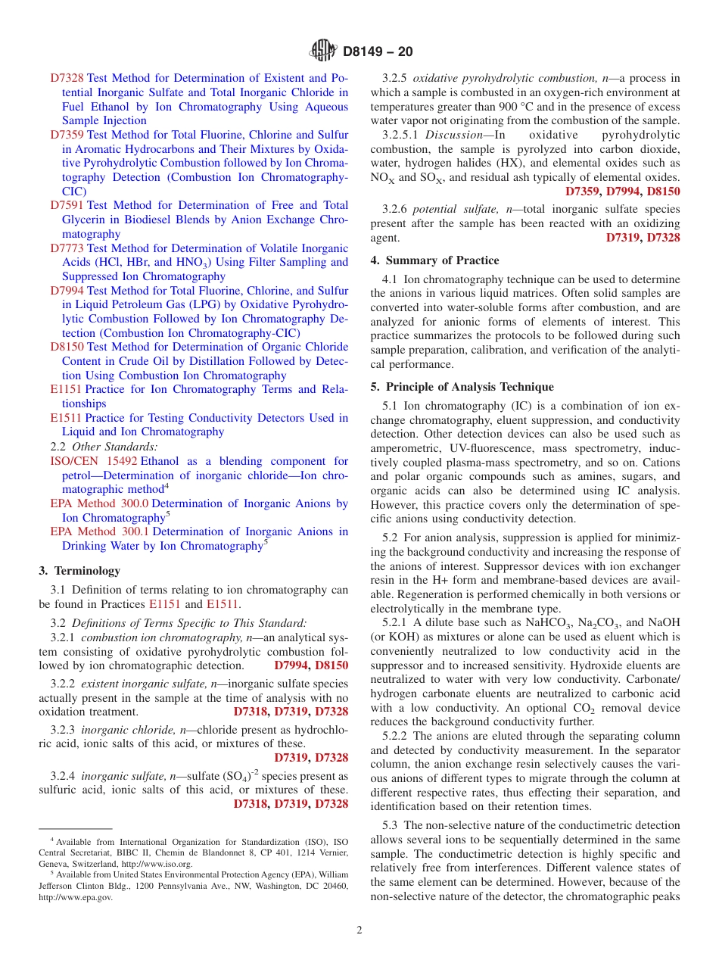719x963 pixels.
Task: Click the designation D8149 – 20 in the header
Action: click(x=378, y=52)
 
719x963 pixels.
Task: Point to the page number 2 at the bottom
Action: click(x=359, y=930)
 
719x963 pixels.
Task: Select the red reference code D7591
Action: click(x=67, y=205)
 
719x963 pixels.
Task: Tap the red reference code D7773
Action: click(x=67, y=248)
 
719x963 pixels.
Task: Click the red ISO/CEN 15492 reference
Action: click(x=93, y=461)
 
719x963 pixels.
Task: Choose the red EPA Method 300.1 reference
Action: click(x=99, y=532)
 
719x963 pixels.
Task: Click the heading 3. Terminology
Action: click(x=79, y=571)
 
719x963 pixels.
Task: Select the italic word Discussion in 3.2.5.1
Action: click(x=454, y=135)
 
